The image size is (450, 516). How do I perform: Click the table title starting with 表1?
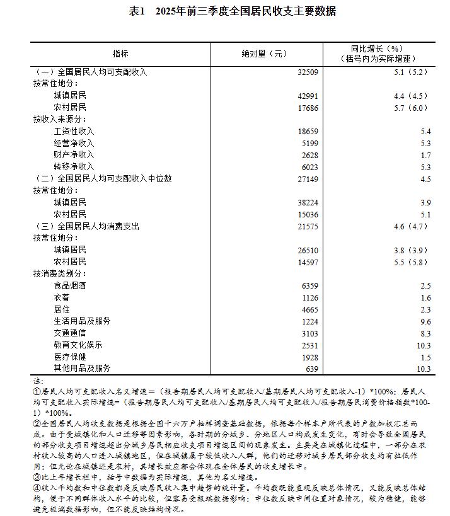pos(224,11)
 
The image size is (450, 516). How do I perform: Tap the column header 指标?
pos(120,54)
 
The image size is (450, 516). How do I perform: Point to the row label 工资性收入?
pos(74,131)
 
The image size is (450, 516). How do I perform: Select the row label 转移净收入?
pos(74,167)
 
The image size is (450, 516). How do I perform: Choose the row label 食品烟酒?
pos(69,285)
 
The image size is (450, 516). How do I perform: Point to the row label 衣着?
pos(61,297)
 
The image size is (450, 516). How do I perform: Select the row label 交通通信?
pos(69,333)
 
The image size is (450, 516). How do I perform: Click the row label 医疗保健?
pos(69,357)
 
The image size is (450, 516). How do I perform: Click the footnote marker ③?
pos(37,477)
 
